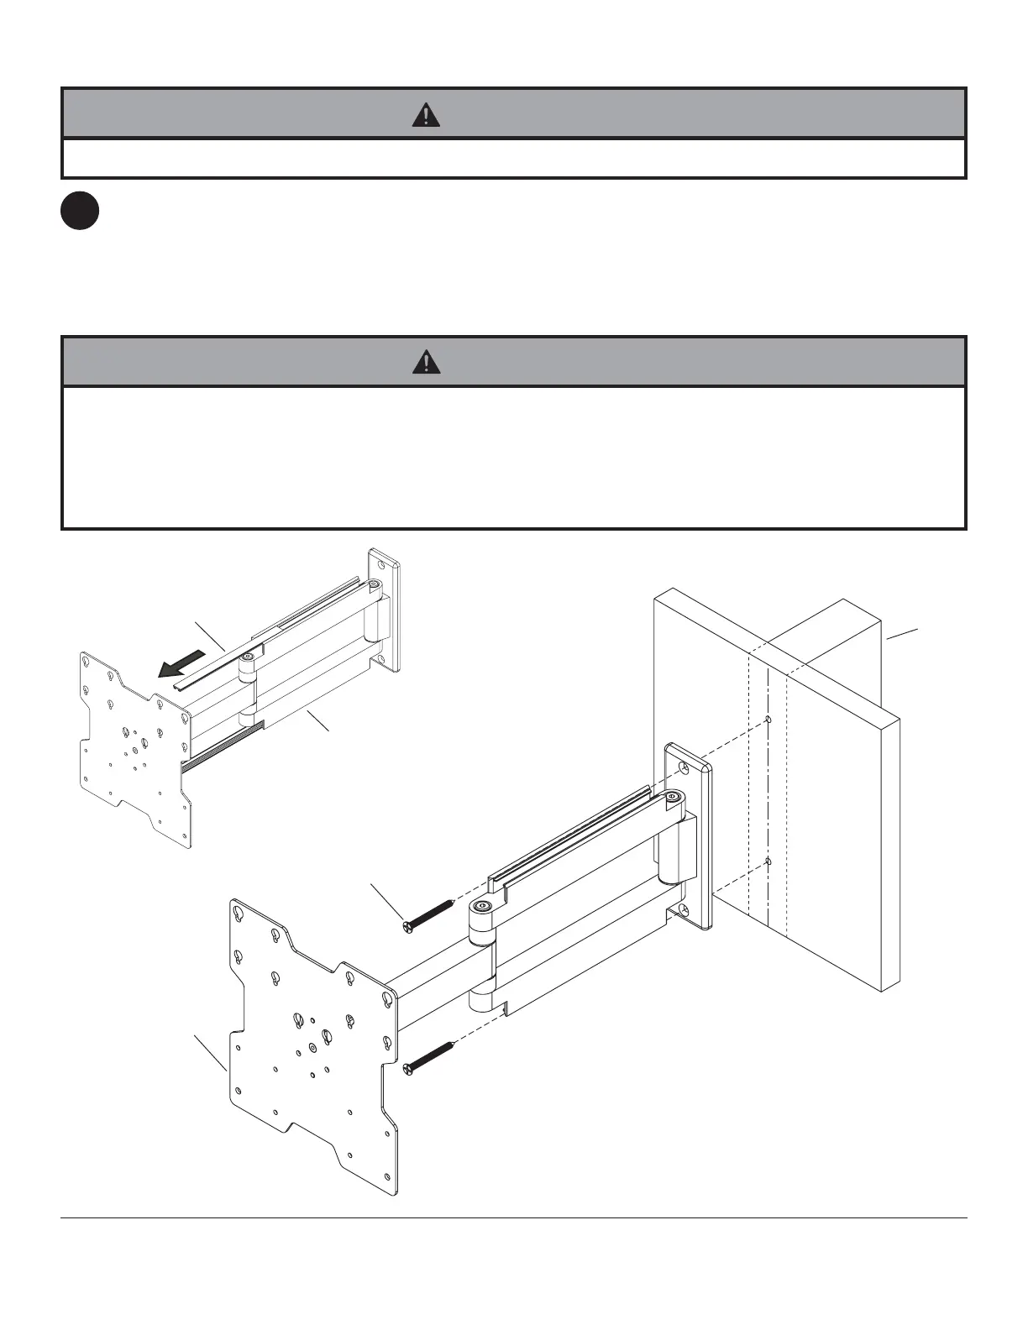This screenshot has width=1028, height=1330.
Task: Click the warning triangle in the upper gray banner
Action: tap(426, 115)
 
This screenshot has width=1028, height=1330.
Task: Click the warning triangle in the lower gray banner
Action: tap(426, 362)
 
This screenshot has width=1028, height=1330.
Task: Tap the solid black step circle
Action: tap(80, 211)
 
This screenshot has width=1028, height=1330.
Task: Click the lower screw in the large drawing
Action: tap(429, 1056)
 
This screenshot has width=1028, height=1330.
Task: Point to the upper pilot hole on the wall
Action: tap(769, 720)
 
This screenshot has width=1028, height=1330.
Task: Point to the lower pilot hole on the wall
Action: tap(769, 861)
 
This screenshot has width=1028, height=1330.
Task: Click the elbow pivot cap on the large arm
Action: tap(483, 907)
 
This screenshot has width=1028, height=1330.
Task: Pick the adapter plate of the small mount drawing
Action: tap(134, 747)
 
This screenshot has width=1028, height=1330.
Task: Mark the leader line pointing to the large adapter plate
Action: tap(210, 1053)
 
